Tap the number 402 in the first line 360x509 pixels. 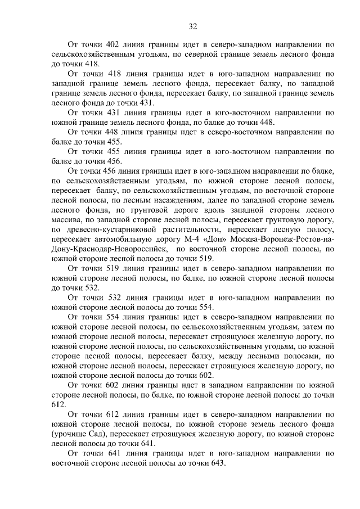106,44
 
